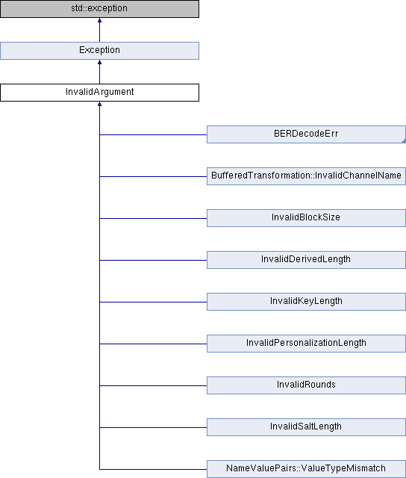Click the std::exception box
coord(99,8)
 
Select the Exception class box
coord(99,51)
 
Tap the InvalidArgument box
coord(99,93)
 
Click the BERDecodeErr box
coord(306,134)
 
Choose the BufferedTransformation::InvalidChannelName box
coord(306,176)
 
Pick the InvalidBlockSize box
coord(306,218)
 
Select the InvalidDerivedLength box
coord(306,260)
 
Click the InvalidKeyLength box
coord(306,302)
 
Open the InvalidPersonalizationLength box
coord(306,344)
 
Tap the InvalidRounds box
coord(306,385)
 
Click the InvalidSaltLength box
coord(306,427)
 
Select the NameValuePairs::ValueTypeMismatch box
coord(306,469)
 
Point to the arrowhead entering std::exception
coord(99,20)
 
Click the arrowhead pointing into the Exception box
coord(99,62)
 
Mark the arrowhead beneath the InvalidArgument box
coord(99,104)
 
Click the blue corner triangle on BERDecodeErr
coord(404,141)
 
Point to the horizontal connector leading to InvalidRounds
coord(153,385)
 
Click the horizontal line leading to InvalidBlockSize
coord(153,218)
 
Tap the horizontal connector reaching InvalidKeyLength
coord(153,302)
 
